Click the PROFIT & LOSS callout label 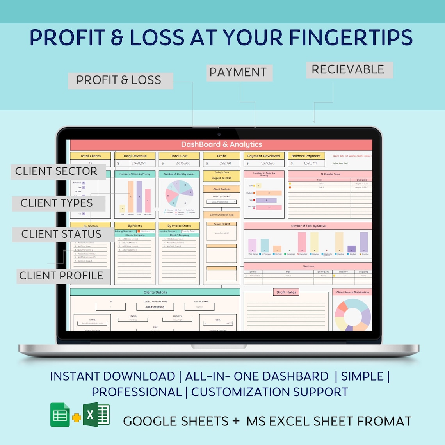119,80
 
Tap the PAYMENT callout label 239,73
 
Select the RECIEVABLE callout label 348,70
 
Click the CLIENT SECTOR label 56,171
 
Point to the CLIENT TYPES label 57,203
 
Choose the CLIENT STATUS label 61,234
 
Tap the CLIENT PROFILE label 61,276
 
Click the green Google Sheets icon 60,415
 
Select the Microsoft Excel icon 96,415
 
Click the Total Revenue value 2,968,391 139,163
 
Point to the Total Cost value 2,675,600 183,163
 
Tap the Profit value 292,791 225,163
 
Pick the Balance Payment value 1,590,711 310,163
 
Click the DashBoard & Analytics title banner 221,144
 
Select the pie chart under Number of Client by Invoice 180,193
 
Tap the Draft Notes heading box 286,292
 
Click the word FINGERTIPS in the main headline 351,38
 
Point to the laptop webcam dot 219,135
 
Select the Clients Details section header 155,292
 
